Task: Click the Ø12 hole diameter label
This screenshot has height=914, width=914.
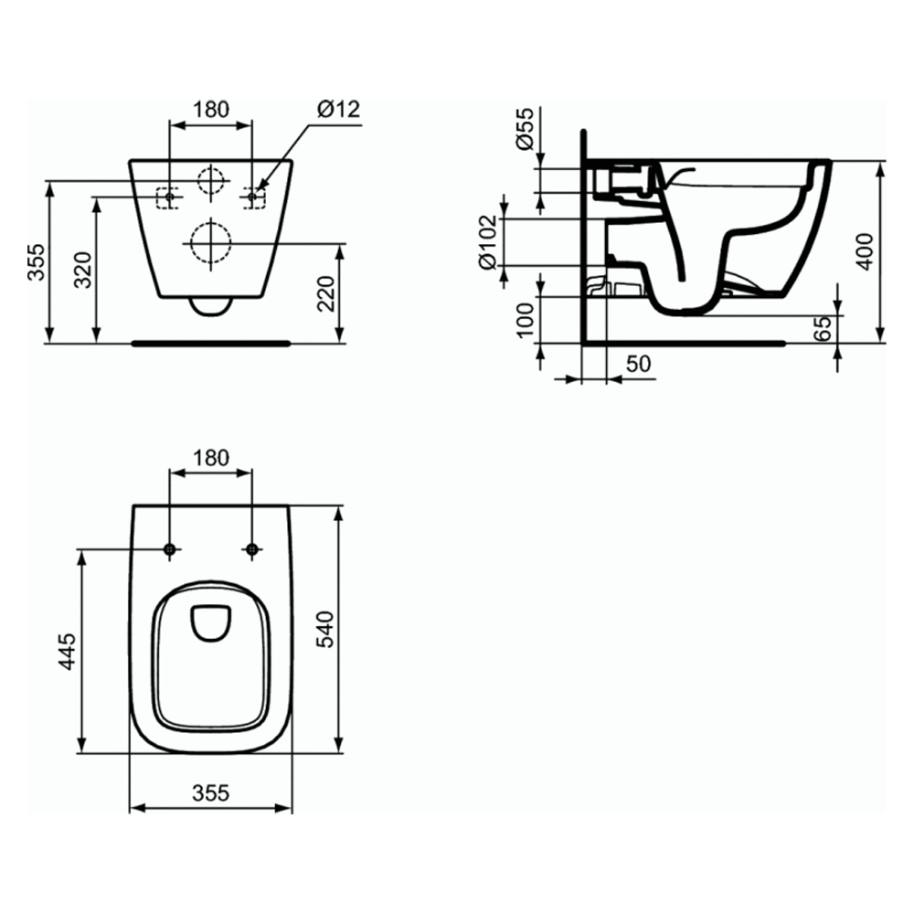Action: coord(339,109)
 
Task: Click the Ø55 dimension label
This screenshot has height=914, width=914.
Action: coord(525,129)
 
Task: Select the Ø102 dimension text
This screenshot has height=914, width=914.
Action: coord(487,242)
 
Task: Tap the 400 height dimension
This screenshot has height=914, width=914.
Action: coord(866,251)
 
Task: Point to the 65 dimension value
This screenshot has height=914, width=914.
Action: coord(823,329)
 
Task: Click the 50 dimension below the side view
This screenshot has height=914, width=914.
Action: coord(638,364)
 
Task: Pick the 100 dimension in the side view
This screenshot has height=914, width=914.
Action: coord(526,319)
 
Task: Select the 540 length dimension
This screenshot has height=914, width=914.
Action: coord(324,629)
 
